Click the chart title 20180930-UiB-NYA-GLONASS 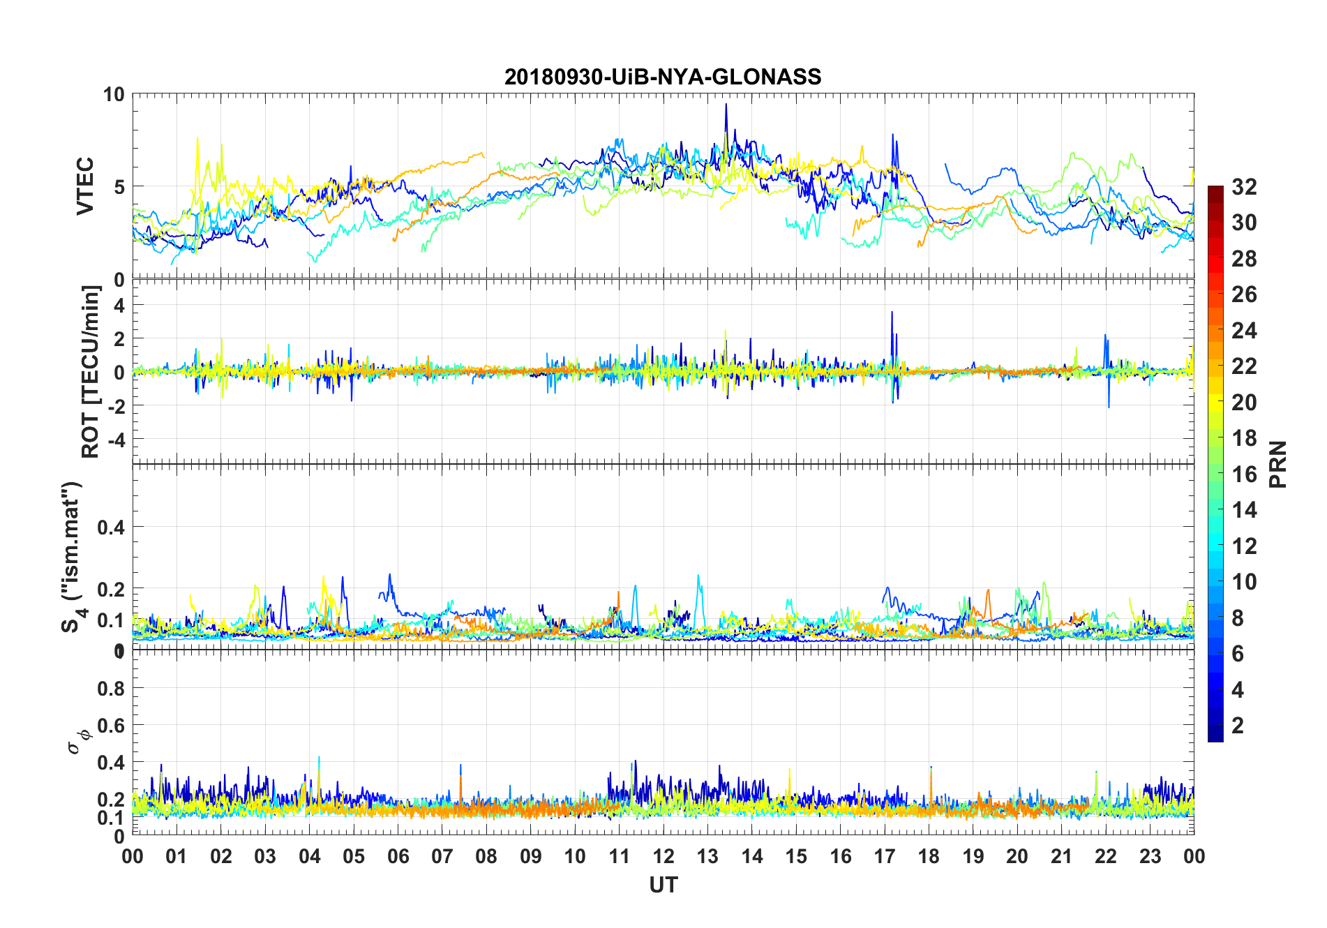(x=663, y=77)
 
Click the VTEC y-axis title (x=85, y=186)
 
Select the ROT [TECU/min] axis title (x=91, y=371)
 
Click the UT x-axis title (x=663, y=885)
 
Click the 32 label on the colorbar (x=1244, y=186)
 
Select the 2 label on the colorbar (x=1238, y=725)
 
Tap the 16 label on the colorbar (x=1244, y=474)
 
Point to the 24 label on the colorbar (x=1244, y=330)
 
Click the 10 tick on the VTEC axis (x=114, y=94)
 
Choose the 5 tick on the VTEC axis (x=119, y=186)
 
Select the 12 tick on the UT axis (x=663, y=856)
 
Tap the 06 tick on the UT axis (x=398, y=856)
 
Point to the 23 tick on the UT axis (x=1150, y=856)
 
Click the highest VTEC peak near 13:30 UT (x=726, y=105)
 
